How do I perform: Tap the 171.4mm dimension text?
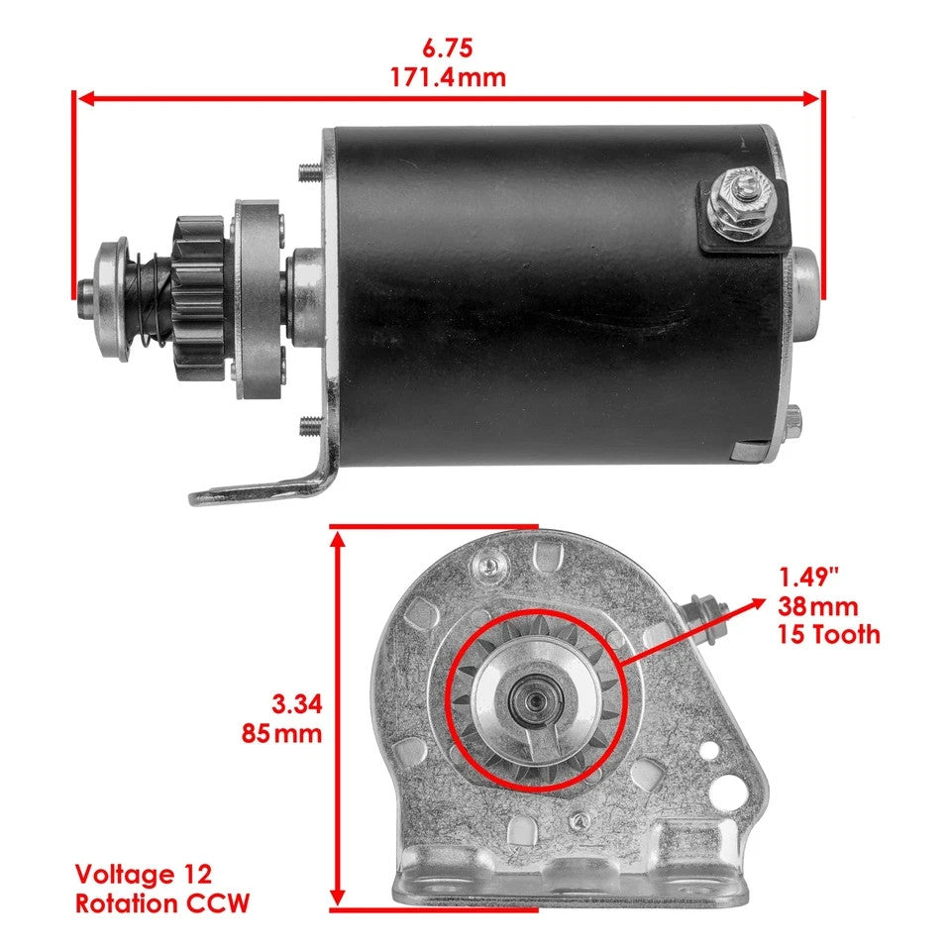point(449,77)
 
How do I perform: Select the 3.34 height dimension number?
point(297,704)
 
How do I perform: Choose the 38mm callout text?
point(818,605)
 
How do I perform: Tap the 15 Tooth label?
point(829,634)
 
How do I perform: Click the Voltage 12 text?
point(143,875)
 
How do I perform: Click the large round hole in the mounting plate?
point(731,791)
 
